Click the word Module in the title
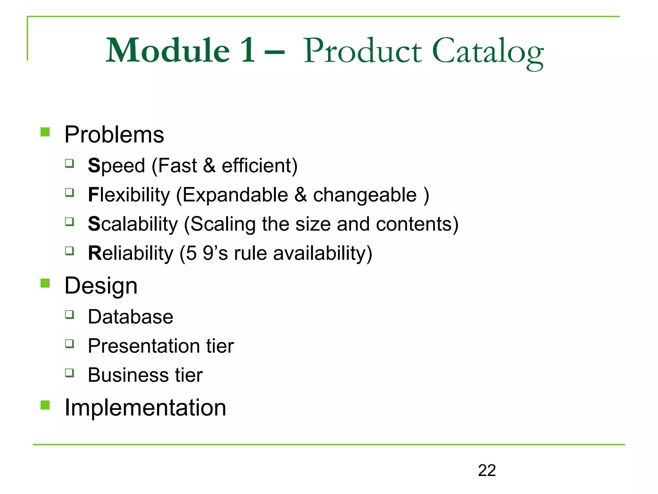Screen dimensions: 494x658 168,50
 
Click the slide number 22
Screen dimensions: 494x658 487,471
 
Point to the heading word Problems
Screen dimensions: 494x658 114,134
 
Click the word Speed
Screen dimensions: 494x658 116,166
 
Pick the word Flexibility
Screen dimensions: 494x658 129,195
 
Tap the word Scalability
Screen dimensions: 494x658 133,224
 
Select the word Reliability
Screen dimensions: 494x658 130,253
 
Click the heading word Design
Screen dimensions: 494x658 101,286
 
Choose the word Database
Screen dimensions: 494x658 130,317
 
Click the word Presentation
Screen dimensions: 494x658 143,346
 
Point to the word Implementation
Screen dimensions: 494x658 145,407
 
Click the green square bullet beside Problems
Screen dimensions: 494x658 45,132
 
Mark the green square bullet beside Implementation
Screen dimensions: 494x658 45,405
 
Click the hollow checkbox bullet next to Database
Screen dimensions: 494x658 69,314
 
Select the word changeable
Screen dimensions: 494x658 365,195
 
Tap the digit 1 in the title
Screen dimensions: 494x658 247,50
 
